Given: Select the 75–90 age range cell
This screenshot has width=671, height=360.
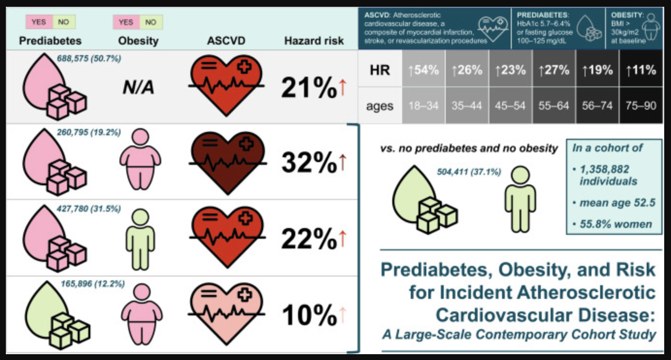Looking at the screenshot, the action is point(641,105).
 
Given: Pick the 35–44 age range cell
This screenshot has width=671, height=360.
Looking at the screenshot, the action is point(467,105).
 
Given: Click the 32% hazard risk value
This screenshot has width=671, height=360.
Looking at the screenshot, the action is point(309,163).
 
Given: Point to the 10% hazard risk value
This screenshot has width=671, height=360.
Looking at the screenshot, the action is point(310,315).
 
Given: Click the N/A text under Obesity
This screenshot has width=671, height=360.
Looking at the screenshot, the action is point(138,88).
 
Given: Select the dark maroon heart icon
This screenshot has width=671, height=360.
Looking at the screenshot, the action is point(228,162).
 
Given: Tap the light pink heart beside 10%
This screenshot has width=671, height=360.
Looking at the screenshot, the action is point(226,313).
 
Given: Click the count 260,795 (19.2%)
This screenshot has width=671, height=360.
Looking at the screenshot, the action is point(89,132).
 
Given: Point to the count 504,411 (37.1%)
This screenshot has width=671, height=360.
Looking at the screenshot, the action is point(469,172).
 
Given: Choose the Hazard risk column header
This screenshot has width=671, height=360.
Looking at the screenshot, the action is point(314,41).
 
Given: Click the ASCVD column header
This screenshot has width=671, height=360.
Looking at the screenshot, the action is point(226,41).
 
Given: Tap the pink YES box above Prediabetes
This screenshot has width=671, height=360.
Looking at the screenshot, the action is point(39,22).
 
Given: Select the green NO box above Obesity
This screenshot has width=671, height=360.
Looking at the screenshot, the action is point(151,22).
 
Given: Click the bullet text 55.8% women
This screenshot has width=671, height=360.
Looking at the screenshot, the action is point(616,224).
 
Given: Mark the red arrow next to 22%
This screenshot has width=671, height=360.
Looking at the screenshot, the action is point(343,239).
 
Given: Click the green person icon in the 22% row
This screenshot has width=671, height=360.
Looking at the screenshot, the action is point(140,239).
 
